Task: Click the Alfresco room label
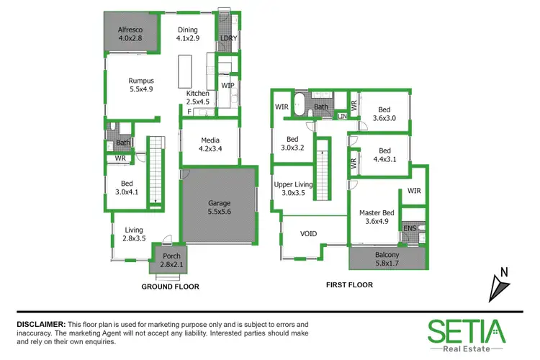[x=131, y=30]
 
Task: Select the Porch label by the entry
[x=171, y=257]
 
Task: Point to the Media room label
[x=211, y=140]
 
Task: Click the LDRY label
[x=229, y=38]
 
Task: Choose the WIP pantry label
[x=228, y=85]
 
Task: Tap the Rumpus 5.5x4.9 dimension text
[x=141, y=90]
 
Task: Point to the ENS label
[x=410, y=228]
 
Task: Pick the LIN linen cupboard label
[x=342, y=116]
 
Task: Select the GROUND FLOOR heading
[x=171, y=286]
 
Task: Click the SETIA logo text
[x=467, y=332]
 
